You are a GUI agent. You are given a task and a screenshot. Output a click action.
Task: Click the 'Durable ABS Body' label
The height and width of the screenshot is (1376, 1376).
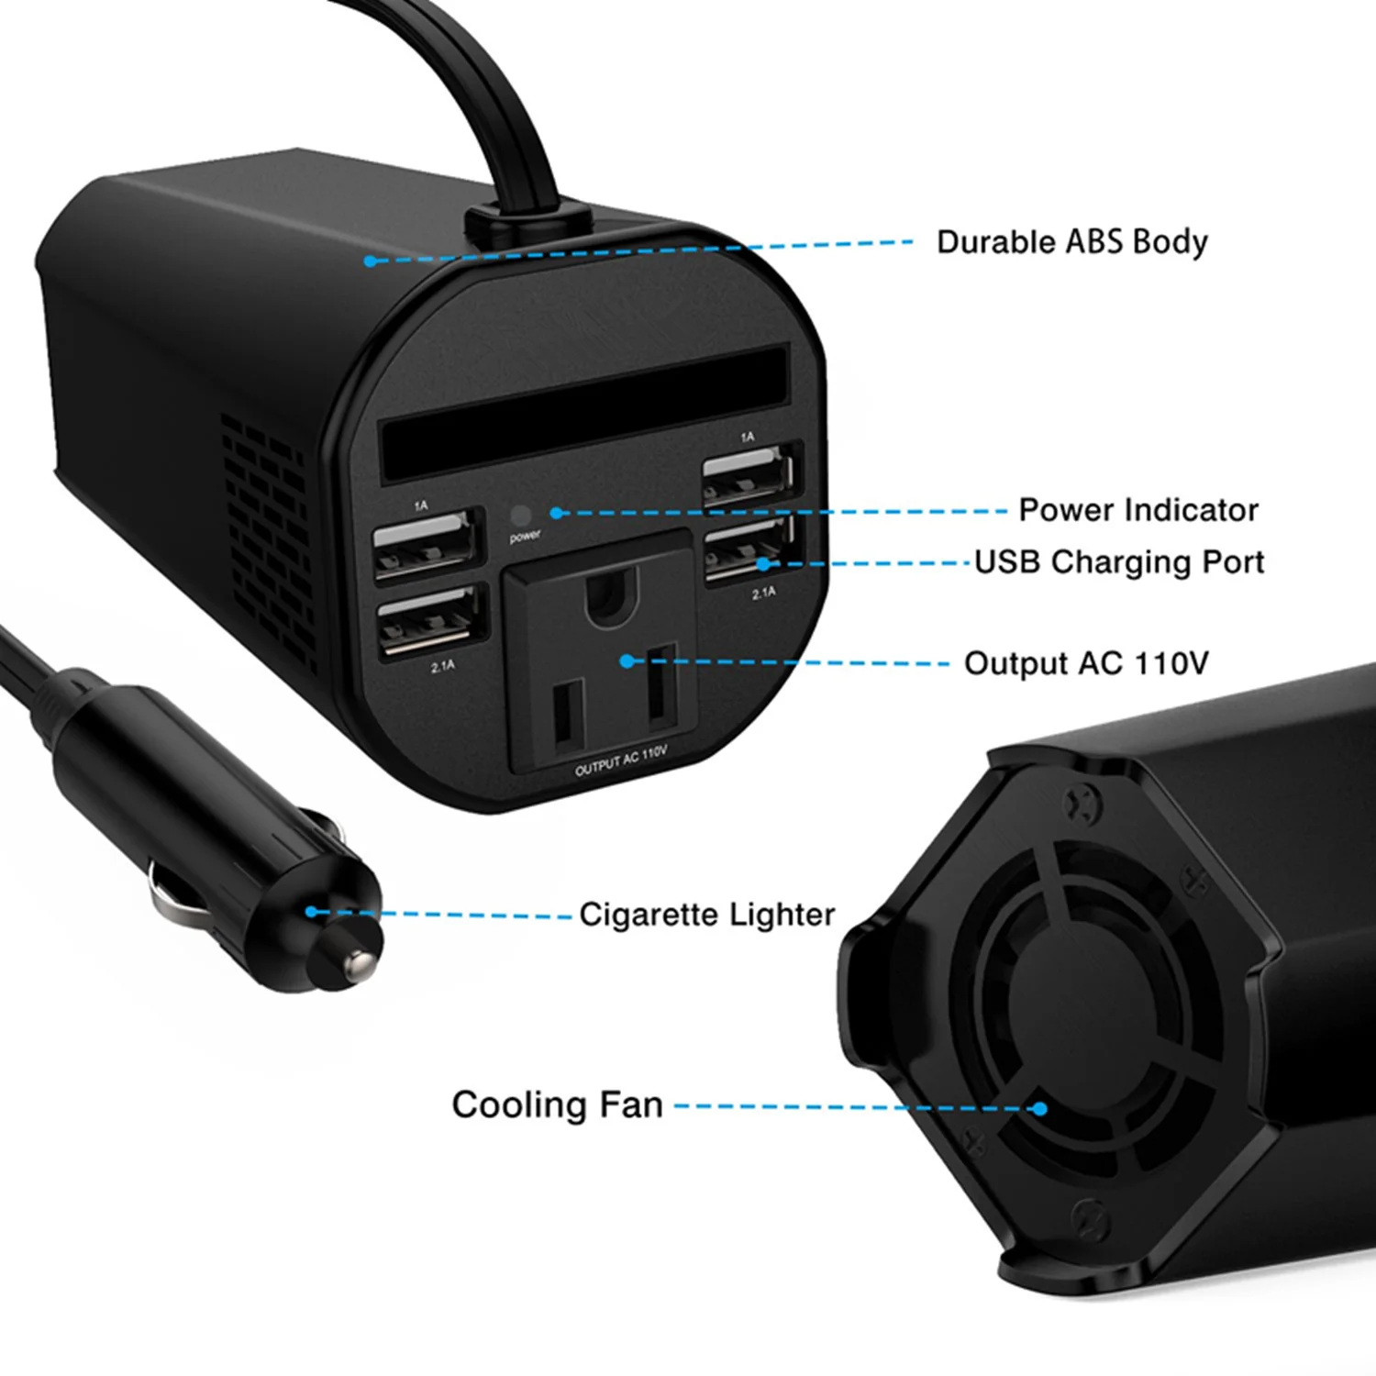1071,242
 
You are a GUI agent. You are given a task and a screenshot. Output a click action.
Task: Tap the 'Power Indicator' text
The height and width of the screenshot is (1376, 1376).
1137,510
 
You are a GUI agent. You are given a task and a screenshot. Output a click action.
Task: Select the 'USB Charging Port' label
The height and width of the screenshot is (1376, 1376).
1119,561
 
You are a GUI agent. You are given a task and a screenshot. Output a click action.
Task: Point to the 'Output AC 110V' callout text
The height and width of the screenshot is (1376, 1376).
1086,663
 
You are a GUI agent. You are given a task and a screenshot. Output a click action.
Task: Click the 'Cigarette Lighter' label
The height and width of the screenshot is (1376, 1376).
706,915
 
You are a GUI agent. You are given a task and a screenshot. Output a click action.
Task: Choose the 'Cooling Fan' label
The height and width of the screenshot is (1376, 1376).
557,1104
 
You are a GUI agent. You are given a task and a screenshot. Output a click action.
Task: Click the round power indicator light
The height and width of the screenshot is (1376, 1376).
520,516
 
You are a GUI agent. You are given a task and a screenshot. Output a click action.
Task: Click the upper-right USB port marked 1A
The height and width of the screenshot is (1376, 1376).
749,472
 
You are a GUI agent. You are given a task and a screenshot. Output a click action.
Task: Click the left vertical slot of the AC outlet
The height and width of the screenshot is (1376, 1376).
567,713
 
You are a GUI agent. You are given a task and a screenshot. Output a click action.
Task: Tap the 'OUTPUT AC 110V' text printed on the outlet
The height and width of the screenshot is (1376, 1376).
621,761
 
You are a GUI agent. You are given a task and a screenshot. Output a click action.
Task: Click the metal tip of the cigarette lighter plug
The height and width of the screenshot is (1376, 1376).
359,963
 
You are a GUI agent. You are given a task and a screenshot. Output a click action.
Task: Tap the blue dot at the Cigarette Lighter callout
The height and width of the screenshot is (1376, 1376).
312,912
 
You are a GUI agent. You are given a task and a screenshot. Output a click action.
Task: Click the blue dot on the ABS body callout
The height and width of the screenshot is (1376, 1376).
370,261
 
